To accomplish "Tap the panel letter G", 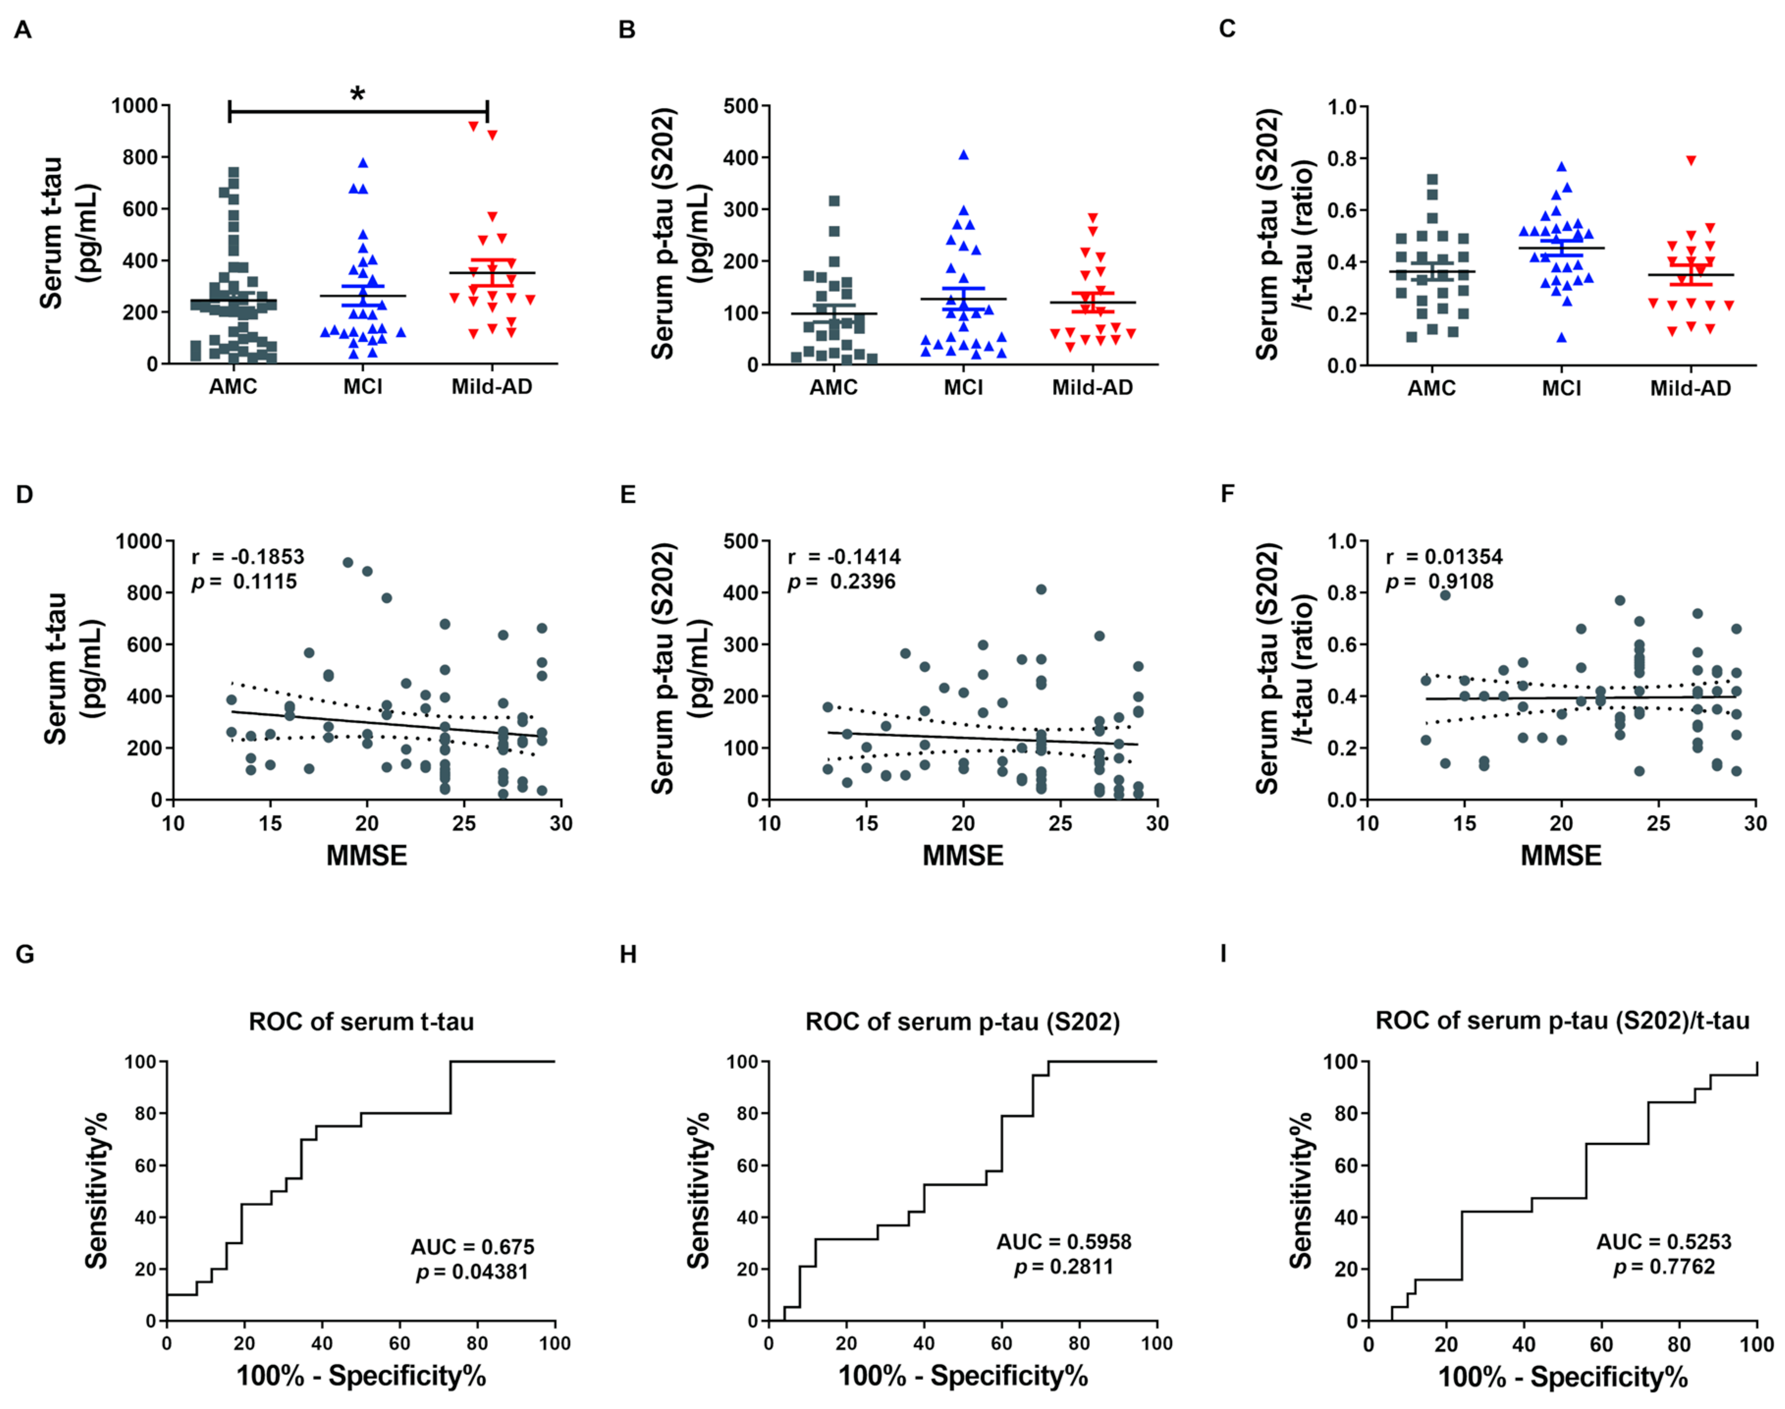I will tap(25, 954).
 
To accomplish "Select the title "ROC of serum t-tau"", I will tap(361, 1022).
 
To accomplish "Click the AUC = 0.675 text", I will tap(472, 1246).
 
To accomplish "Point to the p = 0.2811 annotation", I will tap(1063, 1266).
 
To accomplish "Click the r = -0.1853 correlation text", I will tap(247, 557).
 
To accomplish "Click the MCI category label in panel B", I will tap(963, 387).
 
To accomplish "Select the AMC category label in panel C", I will tap(1432, 387).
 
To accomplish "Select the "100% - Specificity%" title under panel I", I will tap(1563, 1377).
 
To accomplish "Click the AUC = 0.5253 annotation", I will tap(1664, 1242).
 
